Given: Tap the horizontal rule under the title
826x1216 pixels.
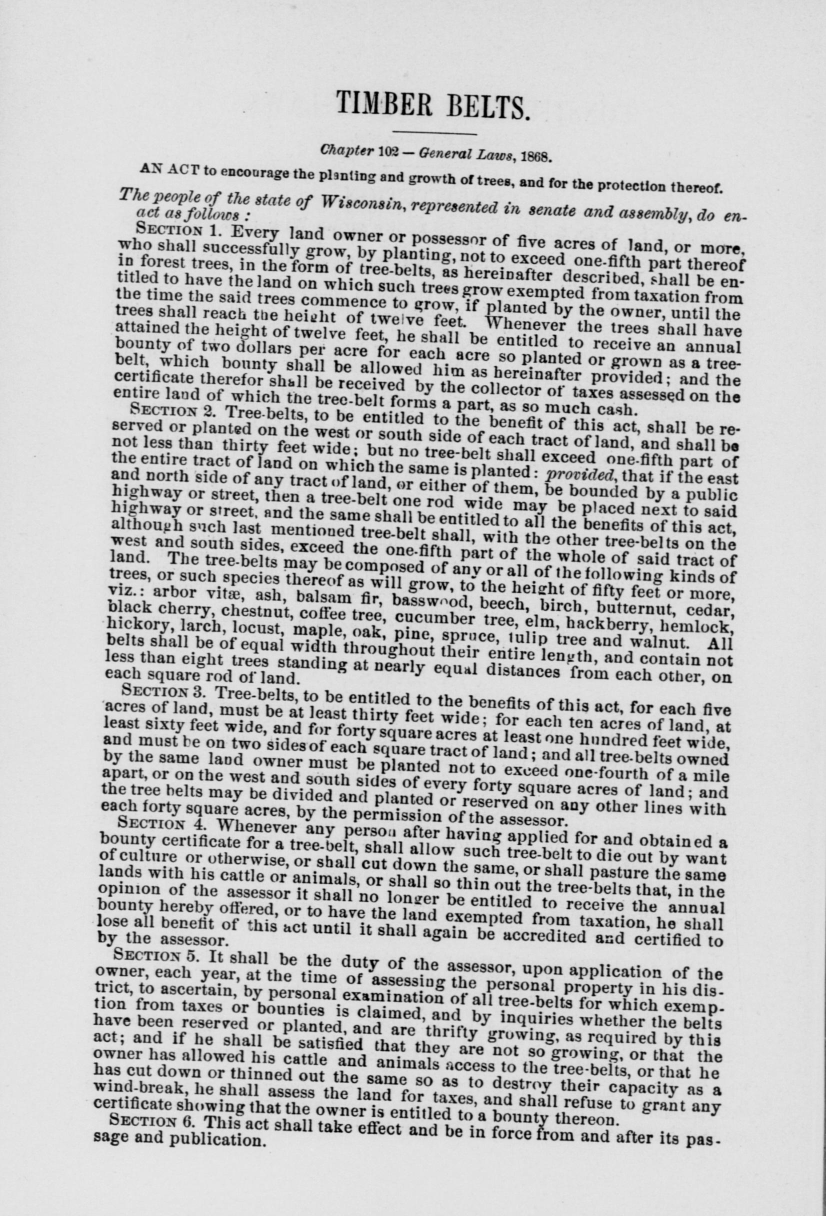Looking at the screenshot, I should pyautogui.click(x=434, y=134).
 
